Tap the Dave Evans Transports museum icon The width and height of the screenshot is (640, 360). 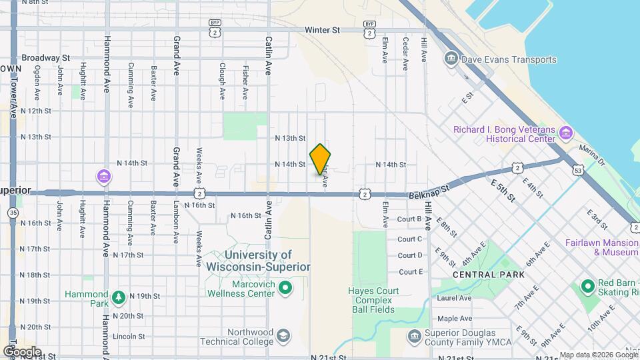pyautogui.click(x=452, y=59)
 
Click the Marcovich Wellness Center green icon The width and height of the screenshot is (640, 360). pyautogui.click(x=285, y=289)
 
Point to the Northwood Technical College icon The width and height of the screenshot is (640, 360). pyautogui.click(x=283, y=335)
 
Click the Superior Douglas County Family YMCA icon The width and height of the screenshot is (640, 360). pyautogui.click(x=414, y=335)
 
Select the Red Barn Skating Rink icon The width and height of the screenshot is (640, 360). pyautogui.click(x=587, y=287)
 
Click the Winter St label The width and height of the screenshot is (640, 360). pyautogui.click(x=322, y=30)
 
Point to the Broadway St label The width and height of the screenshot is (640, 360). pyautogui.click(x=45, y=58)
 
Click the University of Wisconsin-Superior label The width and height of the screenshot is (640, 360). pyautogui.click(x=258, y=261)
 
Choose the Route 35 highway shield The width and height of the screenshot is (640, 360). pyautogui.click(x=13, y=213)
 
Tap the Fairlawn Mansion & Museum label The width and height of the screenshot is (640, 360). pyautogui.click(x=602, y=247)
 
